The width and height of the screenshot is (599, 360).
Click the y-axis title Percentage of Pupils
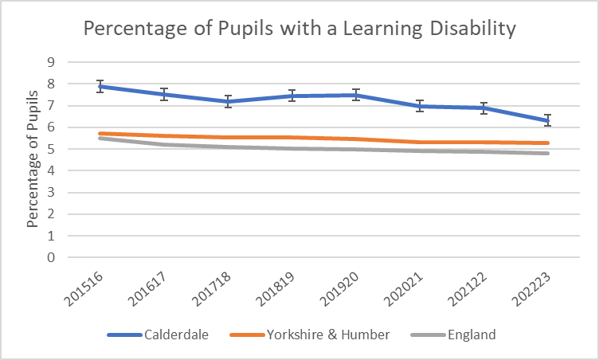33,159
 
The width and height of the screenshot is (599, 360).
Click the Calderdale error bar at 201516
100,87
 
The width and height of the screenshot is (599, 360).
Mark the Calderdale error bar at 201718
228,101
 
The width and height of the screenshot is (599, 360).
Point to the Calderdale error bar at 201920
356,95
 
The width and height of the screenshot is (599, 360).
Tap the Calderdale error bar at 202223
548,120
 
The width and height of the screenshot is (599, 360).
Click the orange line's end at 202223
548,143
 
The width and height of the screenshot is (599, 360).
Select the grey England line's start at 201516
100,138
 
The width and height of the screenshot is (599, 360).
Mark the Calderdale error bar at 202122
484,108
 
